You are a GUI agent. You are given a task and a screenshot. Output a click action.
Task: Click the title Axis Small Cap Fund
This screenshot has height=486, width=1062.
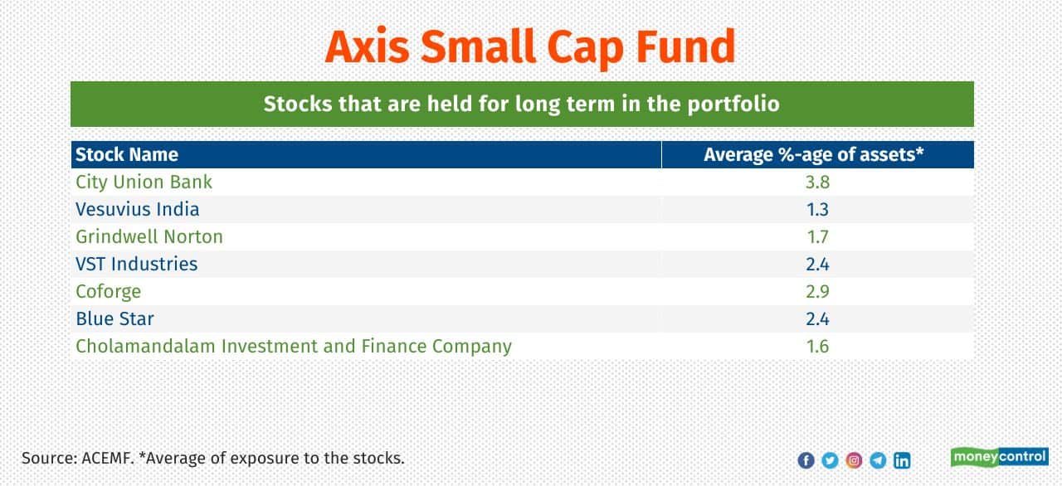tap(530, 47)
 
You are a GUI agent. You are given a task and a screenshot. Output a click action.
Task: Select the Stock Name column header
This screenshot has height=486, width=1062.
tap(127, 155)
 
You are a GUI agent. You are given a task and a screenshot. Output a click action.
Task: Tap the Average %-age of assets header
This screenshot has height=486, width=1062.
tap(814, 155)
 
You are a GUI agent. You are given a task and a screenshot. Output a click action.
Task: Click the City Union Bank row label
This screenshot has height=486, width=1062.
tap(144, 182)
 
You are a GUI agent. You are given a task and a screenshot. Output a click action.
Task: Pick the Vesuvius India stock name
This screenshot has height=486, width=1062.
tap(138, 209)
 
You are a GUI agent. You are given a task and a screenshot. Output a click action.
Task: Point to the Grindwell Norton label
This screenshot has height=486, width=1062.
tap(149, 237)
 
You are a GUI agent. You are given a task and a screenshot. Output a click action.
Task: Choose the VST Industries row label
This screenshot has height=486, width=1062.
tap(137, 265)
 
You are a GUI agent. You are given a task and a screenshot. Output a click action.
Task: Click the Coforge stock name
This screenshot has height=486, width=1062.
tap(109, 292)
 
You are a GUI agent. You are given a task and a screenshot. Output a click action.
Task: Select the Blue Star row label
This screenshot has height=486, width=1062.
tap(114, 318)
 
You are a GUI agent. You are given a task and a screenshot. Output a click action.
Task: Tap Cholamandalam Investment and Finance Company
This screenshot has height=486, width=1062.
tap(294, 347)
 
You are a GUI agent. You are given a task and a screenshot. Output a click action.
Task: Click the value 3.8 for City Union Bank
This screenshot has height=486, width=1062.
tap(818, 182)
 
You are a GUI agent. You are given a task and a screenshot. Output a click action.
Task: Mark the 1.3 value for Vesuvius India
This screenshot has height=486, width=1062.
tap(818, 209)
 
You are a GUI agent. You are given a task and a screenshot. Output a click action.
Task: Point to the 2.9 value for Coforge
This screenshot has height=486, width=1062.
tap(818, 292)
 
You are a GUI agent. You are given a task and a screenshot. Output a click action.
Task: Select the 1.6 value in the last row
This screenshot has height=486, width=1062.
tap(818, 347)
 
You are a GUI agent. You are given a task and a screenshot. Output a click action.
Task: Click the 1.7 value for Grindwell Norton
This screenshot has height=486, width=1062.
tap(818, 237)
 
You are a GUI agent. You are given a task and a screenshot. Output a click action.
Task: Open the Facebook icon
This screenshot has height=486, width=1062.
tap(806, 460)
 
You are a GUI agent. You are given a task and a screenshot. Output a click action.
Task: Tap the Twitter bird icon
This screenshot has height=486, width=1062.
tap(831, 460)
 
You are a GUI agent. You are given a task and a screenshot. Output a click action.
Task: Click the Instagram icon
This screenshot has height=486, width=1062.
tap(854, 460)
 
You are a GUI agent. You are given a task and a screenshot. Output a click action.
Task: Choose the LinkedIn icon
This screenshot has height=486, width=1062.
tap(902, 460)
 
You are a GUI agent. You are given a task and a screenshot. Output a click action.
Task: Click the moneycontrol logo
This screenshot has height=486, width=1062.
tap(1000, 457)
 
